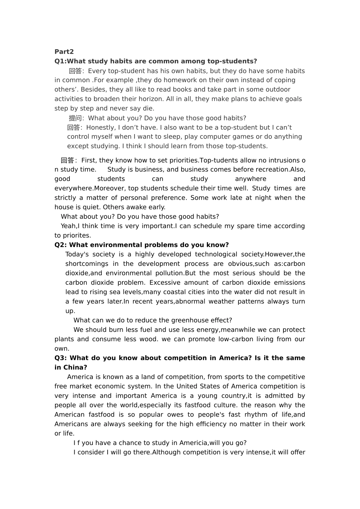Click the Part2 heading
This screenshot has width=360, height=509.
pos(64,52)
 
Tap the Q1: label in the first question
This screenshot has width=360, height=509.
pos(61,61)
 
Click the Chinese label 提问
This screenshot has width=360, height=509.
pos(76,118)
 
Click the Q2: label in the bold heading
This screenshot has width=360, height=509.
pos(61,245)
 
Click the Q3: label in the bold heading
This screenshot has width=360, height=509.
pos(61,358)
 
